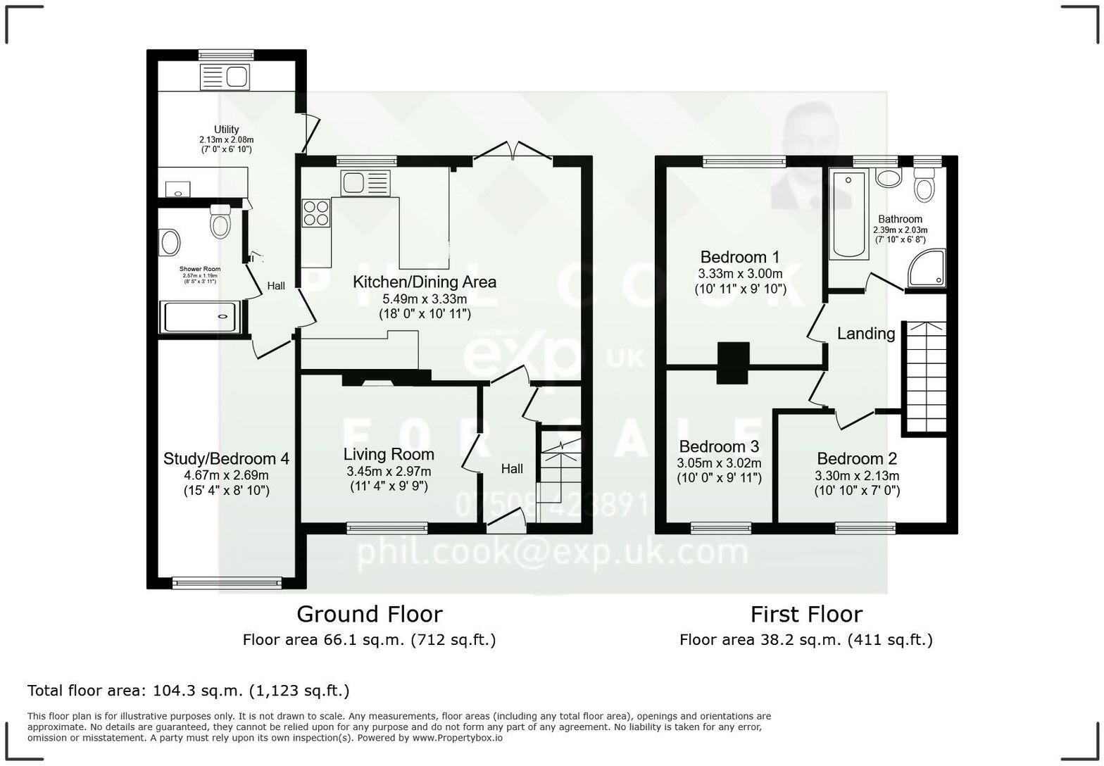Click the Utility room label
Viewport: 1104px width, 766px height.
point(226,130)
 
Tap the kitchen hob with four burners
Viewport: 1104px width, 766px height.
point(316,213)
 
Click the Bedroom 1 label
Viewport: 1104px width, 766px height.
point(739,257)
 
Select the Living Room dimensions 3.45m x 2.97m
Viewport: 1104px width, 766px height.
point(389,471)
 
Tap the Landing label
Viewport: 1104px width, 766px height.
point(865,334)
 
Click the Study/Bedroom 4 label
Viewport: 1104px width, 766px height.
point(226,459)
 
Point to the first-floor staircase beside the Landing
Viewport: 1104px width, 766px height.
point(925,377)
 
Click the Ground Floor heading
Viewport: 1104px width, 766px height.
point(369,614)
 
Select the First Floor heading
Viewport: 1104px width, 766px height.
point(805,614)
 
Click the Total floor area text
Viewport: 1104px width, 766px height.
point(188,691)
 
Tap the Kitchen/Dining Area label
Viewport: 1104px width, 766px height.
point(424,282)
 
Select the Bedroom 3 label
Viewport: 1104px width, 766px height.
point(719,447)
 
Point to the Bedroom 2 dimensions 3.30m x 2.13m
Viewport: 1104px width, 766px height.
point(857,475)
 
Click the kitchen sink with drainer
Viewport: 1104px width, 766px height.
point(365,182)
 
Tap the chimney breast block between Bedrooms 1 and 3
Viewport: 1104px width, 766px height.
point(733,363)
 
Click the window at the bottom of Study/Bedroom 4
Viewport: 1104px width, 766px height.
point(227,582)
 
